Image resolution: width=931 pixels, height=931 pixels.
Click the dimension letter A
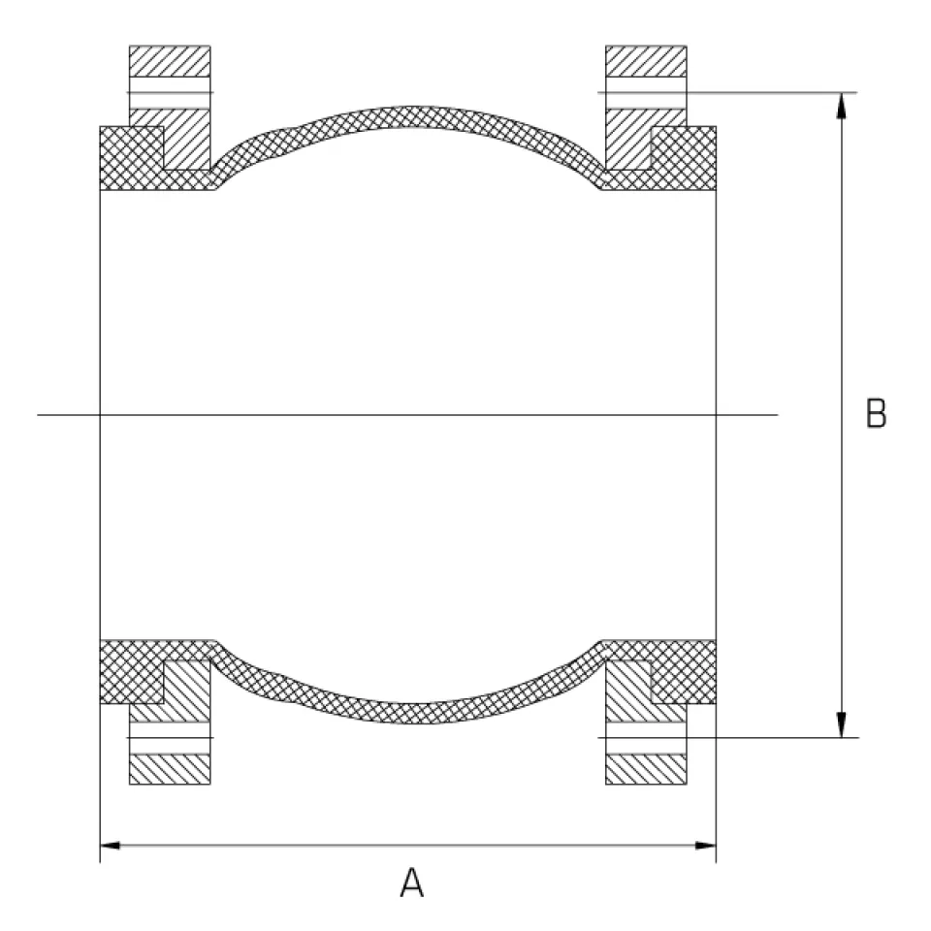point(411,883)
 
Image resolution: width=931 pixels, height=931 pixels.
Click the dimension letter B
point(877,413)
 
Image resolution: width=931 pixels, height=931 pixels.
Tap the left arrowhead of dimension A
point(110,845)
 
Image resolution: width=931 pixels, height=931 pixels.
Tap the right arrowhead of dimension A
point(706,845)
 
